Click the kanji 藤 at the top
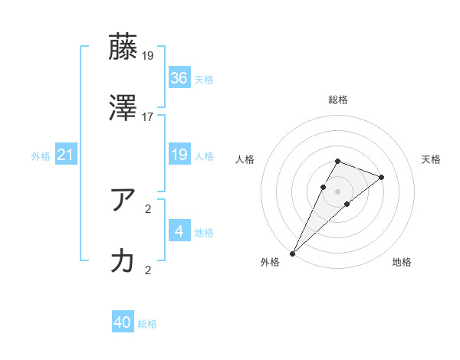click(123, 47)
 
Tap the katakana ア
click(123, 201)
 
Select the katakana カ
click(123, 261)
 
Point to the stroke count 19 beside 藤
click(149, 55)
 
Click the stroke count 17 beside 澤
click(149, 116)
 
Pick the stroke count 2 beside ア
click(149, 208)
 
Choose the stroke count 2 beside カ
click(149, 270)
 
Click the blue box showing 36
click(179, 78)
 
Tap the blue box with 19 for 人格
click(179, 155)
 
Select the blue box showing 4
click(179, 231)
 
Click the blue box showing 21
click(65, 155)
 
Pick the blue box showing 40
click(123, 322)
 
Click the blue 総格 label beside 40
click(147, 324)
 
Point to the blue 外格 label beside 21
click(41, 155)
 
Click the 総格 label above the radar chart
click(338, 100)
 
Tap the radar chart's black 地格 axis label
click(402, 263)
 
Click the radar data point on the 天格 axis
click(381, 177)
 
